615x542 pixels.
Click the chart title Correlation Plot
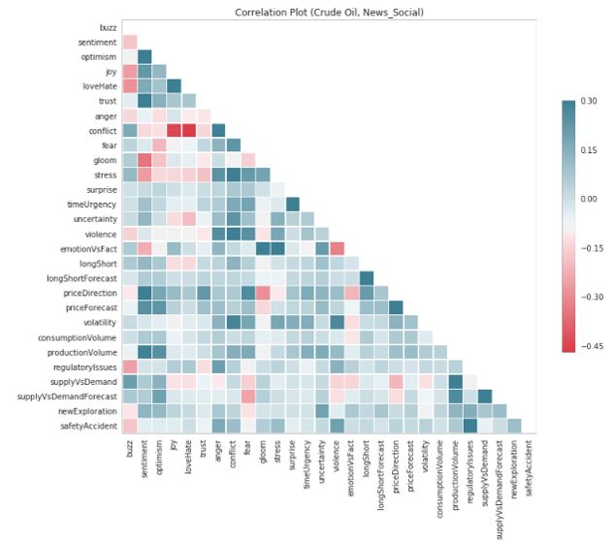click(x=329, y=12)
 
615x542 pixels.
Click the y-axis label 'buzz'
click(x=105, y=27)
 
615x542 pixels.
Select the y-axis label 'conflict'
click(x=98, y=131)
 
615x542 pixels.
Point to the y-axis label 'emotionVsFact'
click(x=85, y=247)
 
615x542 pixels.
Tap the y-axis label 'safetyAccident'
click(x=85, y=425)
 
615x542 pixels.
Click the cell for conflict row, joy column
click(x=175, y=130)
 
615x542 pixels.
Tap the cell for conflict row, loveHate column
click(x=189, y=130)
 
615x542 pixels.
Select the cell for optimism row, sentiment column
click(x=145, y=56)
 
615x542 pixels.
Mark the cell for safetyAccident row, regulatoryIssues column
click(x=471, y=425)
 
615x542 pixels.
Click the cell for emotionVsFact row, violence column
click(x=338, y=248)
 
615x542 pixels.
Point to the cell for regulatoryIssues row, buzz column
click(x=130, y=366)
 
